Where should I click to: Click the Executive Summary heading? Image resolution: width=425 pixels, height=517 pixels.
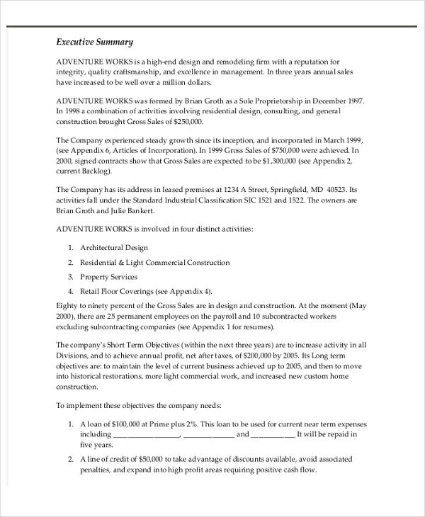click(x=94, y=42)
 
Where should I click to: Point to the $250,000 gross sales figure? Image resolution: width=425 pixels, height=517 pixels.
click(x=200, y=121)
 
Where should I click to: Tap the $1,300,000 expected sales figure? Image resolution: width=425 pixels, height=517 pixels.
click(x=266, y=161)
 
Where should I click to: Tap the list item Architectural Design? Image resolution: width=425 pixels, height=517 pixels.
click(x=114, y=248)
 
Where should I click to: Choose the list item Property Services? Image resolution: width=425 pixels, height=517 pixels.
click(x=108, y=277)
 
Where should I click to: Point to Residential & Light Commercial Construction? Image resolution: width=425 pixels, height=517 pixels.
click(x=154, y=262)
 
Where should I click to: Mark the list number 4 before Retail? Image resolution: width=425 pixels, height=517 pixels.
click(x=71, y=291)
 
